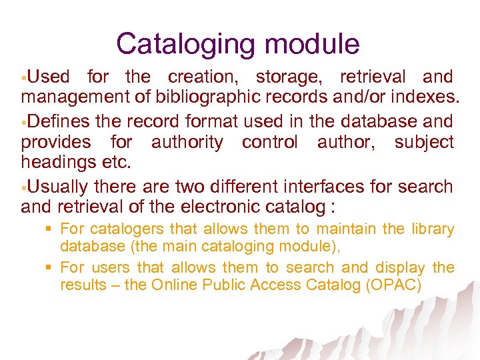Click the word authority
187,143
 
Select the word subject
424,143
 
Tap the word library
432,229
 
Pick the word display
400,268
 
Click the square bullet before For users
49,268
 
